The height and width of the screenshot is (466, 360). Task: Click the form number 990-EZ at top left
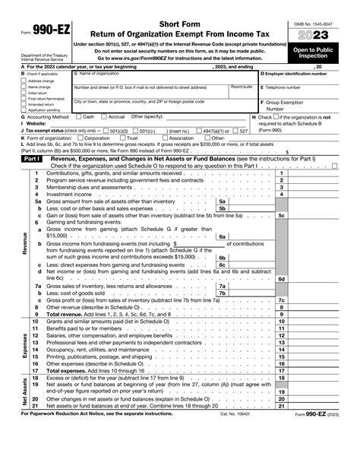click(34, 14)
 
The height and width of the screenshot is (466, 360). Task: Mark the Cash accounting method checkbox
click(77, 117)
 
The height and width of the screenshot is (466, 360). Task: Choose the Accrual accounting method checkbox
click(103, 117)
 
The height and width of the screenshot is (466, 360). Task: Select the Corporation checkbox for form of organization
click(81, 138)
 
